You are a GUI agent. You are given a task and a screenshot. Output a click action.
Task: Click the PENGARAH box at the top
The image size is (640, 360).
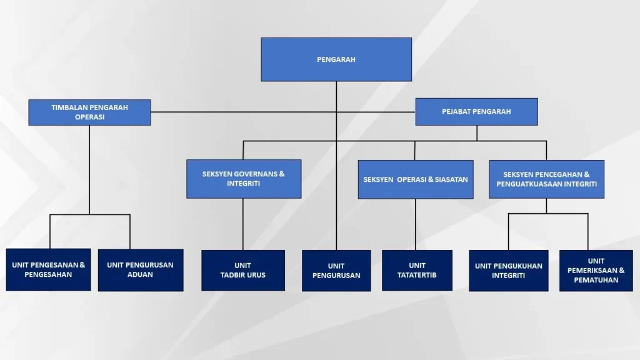point(336,59)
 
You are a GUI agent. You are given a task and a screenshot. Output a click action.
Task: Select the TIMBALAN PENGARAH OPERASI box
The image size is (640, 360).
point(89,112)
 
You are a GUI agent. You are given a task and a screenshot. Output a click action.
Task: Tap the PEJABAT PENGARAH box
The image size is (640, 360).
point(476,112)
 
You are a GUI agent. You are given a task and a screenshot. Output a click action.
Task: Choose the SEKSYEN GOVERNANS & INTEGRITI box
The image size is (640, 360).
point(244,179)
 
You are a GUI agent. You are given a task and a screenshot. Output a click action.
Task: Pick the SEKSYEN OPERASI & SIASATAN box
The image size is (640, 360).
point(416,179)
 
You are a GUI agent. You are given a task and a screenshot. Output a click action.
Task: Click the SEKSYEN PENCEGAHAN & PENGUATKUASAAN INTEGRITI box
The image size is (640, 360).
point(546,179)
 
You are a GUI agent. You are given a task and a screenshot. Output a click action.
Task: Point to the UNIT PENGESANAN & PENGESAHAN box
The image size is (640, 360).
point(49,270)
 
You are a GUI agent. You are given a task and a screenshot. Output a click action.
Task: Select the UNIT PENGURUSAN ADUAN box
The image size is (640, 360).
point(141,270)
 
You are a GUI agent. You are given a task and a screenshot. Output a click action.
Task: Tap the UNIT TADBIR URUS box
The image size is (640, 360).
point(243,271)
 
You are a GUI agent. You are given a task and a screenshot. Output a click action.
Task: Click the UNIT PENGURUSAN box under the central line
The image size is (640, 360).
point(336,271)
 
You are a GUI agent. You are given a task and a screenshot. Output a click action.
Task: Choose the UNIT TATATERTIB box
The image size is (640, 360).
point(417,271)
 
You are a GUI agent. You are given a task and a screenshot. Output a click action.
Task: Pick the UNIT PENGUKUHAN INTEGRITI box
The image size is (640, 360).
point(509,271)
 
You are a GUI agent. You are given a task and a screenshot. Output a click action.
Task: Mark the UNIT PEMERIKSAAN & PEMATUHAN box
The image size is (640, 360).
point(596,271)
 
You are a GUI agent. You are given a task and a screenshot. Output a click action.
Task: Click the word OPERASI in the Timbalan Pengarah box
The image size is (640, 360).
point(89,117)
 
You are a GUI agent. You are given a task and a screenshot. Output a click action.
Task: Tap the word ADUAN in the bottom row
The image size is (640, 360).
point(140,274)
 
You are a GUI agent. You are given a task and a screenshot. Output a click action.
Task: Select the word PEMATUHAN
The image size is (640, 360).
point(596,280)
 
